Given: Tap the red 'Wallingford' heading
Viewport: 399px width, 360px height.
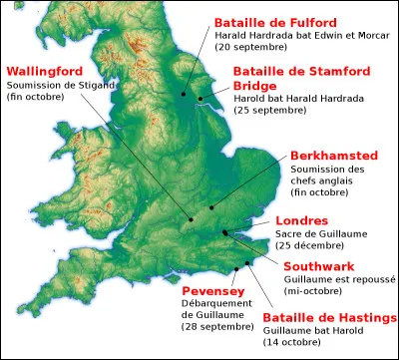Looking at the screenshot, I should coord(48,72).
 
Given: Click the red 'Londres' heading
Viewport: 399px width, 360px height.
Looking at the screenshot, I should coord(301,220).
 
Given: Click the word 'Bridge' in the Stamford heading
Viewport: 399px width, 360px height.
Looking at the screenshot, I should coord(254,87).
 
